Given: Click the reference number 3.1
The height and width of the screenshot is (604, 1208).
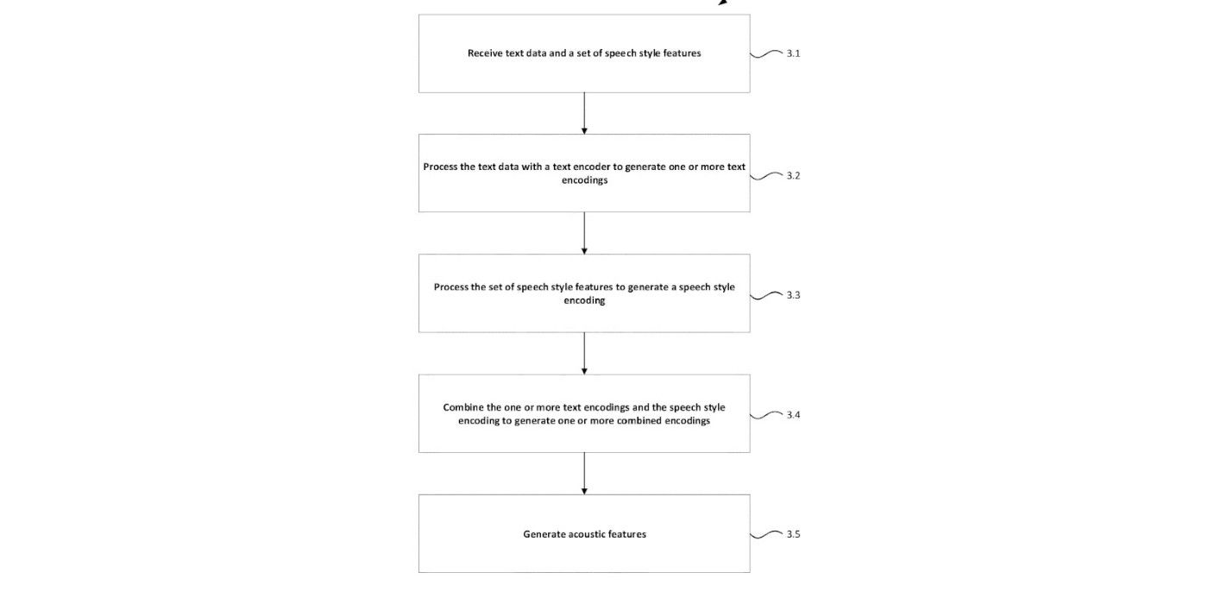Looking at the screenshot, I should click(793, 53).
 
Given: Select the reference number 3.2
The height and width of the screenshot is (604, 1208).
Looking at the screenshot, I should click(793, 176).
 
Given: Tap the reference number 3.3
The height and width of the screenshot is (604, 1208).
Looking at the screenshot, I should click(793, 295).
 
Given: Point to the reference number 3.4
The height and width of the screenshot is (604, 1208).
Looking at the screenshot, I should click(793, 415).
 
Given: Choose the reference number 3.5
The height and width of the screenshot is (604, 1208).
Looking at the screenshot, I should click(793, 534).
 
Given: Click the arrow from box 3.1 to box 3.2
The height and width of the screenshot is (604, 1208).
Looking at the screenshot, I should click(584, 113).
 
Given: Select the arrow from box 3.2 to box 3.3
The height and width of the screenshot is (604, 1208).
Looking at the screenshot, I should click(584, 233).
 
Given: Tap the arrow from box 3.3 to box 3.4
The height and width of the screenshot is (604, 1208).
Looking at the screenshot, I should click(584, 353).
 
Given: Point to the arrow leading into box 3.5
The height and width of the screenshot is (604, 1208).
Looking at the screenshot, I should click(584, 473).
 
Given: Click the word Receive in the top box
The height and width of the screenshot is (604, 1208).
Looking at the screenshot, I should click(485, 53).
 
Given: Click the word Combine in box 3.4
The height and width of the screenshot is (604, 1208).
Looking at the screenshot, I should click(462, 407).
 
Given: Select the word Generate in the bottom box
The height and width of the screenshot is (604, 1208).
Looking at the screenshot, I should click(544, 534).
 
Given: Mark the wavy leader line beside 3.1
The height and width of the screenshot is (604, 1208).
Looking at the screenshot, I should click(766, 53).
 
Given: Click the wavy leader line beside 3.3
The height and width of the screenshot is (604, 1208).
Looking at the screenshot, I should click(766, 295).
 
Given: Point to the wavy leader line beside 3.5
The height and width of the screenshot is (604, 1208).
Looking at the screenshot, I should click(766, 534).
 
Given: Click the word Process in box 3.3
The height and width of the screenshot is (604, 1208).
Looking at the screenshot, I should click(451, 287).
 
